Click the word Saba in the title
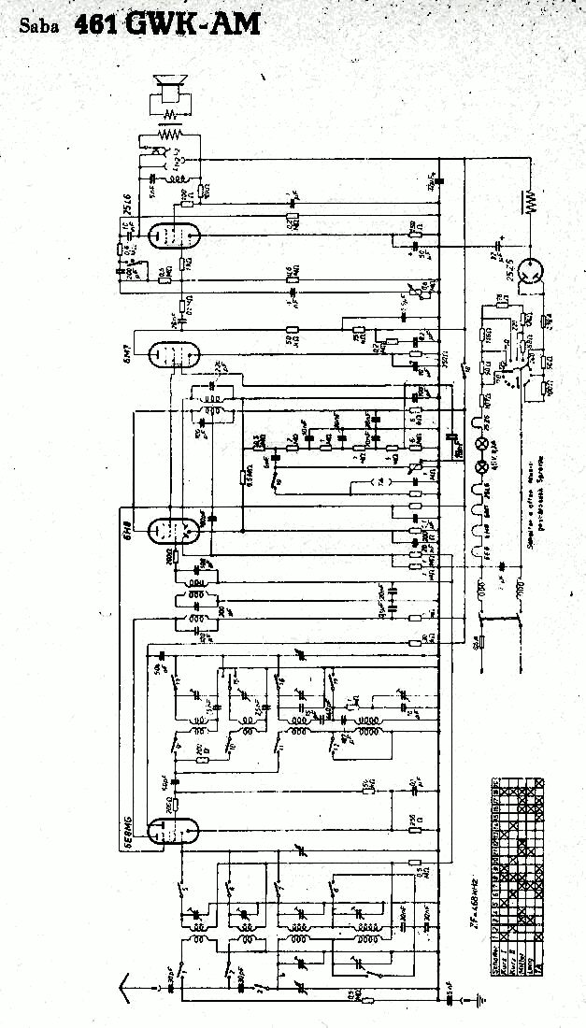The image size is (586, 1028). pos(39,26)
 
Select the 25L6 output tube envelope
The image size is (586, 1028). pos(172,233)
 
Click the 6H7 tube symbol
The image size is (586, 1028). pos(174,354)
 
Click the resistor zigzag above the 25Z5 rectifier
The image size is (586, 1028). pos(533,202)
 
